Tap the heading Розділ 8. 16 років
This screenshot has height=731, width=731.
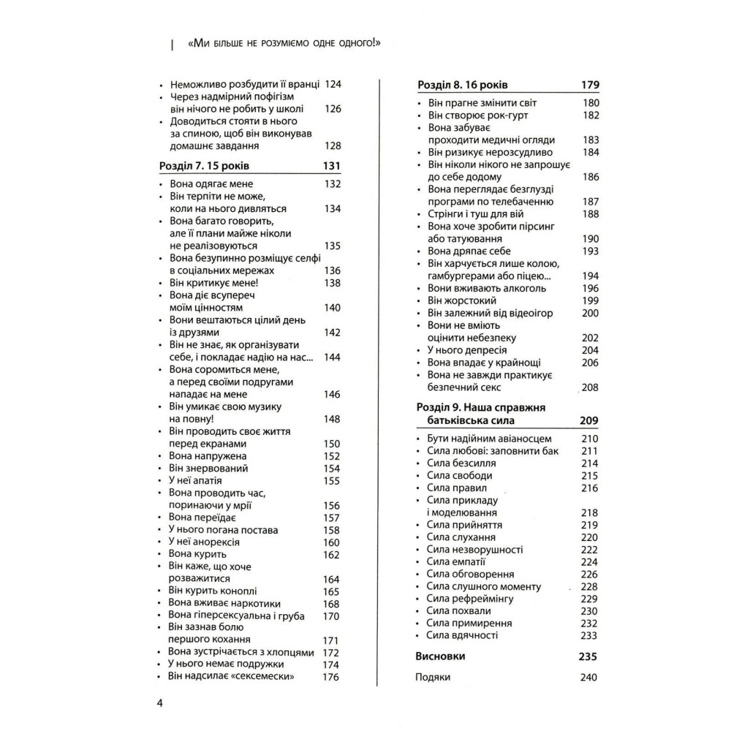pos(463,84)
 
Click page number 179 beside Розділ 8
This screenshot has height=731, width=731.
pos(590,84)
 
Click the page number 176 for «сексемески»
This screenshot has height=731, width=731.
pos(331,676)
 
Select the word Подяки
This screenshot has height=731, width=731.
pos(433,677)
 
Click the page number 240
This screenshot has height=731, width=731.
pos(589,677)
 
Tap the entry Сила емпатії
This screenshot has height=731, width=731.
pos(457,561)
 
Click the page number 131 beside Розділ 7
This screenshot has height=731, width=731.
pos(331,166)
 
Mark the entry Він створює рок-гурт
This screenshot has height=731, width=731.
pos(477,115)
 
